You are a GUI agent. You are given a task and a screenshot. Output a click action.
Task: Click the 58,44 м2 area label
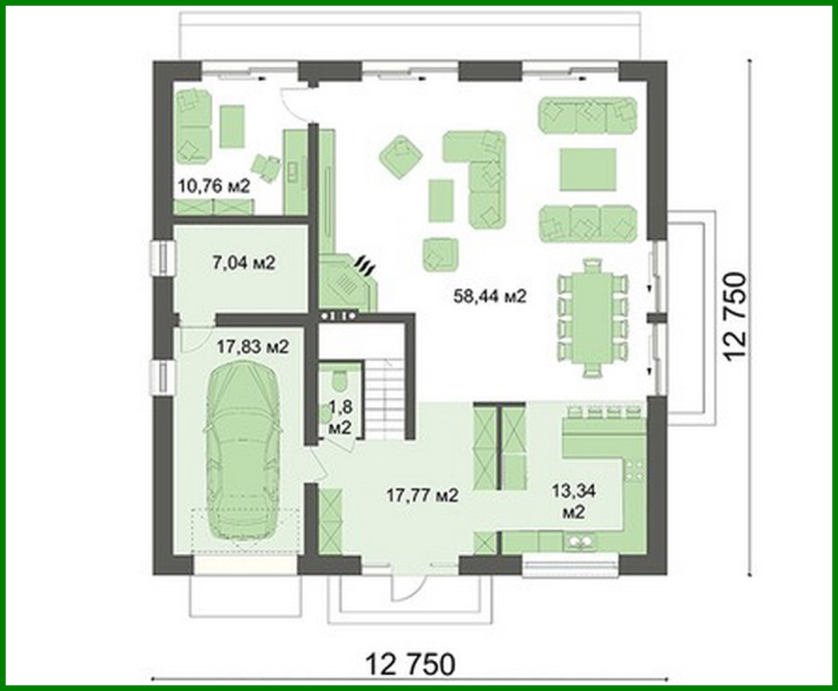coord(489,296)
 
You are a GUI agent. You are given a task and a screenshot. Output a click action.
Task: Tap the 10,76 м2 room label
coord(214,186)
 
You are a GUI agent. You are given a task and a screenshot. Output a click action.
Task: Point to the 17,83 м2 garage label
coord(252,346)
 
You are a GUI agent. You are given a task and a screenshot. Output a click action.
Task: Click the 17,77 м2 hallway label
coord(422,495)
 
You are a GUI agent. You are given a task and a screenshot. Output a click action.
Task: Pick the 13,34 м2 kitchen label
coord(573,500)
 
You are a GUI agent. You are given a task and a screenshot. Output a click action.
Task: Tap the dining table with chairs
coord(592,318)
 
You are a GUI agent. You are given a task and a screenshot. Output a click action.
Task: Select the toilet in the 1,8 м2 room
coord(338,381)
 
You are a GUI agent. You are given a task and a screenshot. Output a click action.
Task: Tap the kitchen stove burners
coord(635,471)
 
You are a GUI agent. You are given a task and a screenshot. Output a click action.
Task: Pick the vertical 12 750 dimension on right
coord(735,317)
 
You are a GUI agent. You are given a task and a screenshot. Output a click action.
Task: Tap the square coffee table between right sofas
coord(588,169)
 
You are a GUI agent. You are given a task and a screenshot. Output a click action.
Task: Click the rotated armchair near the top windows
coord(400,154)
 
